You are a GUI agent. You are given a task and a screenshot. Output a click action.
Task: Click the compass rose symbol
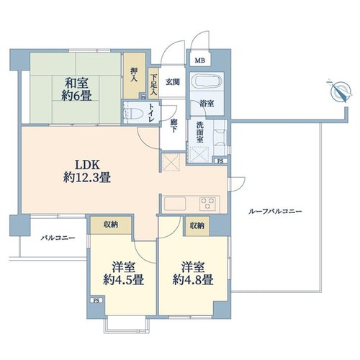point(341,91)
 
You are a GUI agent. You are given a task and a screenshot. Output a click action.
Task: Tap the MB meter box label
point(199,60)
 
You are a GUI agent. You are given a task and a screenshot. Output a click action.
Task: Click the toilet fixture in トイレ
point(132,112)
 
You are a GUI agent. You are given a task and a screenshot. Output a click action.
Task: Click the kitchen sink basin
point(174,204)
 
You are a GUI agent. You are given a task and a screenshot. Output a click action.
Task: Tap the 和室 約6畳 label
point(76,89)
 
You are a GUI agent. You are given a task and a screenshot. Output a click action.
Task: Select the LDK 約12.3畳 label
point(87,171)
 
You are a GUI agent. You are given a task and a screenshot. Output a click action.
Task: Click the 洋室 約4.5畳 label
point(124,274)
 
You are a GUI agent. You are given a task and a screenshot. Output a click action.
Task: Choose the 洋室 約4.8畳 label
point(193,274)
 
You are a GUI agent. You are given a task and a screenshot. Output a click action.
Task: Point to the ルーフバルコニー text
point(276,212)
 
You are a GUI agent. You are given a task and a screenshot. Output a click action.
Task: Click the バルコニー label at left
point(58,238)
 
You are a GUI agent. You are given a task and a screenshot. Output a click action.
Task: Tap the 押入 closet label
point(134,75)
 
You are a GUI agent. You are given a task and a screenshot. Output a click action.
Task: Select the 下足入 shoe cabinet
point(153,84)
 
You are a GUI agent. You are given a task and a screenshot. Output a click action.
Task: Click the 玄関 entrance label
point(173,82)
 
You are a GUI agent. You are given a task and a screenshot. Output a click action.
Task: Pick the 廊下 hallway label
point(174,125)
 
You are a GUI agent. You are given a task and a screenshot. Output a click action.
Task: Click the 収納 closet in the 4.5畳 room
point(111,225)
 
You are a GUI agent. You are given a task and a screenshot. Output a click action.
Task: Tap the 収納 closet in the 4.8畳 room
point(197,225)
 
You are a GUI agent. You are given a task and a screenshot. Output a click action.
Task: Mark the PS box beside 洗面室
point(220,161)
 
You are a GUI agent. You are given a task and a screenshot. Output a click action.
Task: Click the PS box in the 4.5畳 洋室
point(96,300)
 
